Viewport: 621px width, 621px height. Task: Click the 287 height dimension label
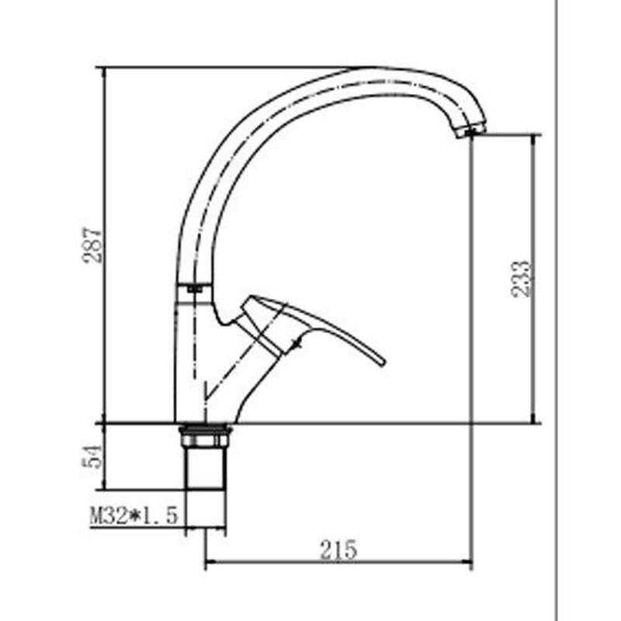pos(92,245)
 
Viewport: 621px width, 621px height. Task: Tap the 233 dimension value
pos(520,279)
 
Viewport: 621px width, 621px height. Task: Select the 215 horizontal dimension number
pos(338,550)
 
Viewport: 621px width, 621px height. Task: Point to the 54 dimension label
pos(92,456)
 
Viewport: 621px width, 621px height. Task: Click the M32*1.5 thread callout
pos(134,515)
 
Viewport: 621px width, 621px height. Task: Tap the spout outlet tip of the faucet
pos(470,131)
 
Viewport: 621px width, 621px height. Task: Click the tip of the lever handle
pos(383,362)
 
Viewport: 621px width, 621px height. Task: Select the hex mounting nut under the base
pos(204,435)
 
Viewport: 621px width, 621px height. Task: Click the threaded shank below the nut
pos(204,468)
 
